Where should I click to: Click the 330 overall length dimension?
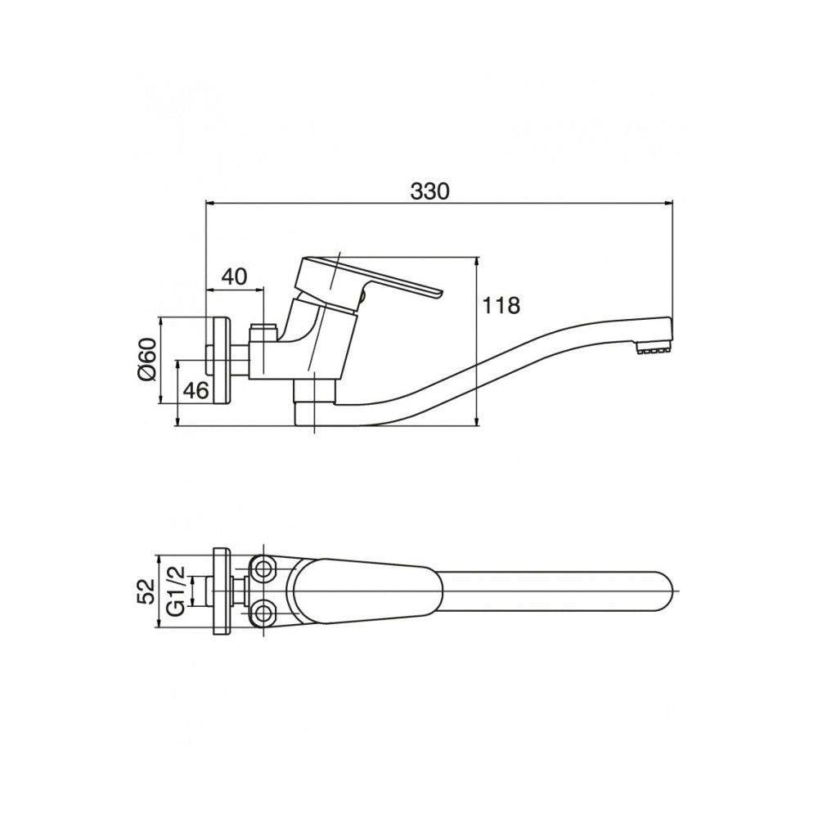pyautogui.click(x=429, y=191)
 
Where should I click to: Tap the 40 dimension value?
pyautogui.click(x=235, y=276)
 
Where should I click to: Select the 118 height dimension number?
pyautogui.click(x=501, y=306)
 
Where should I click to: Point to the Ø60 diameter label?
pyautogui.click(x=147, y=359)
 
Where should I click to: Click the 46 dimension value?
pyautogui.click(x=197, y=390)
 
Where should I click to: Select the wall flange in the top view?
pyautogui.click(x=222, y=591)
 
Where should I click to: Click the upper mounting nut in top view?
pyautogui.click(x=263, y=569)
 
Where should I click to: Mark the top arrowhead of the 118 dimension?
pyautogui.click(x=478, y=262)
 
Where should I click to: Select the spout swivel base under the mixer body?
pyautogui.click(x=315, y=402)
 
